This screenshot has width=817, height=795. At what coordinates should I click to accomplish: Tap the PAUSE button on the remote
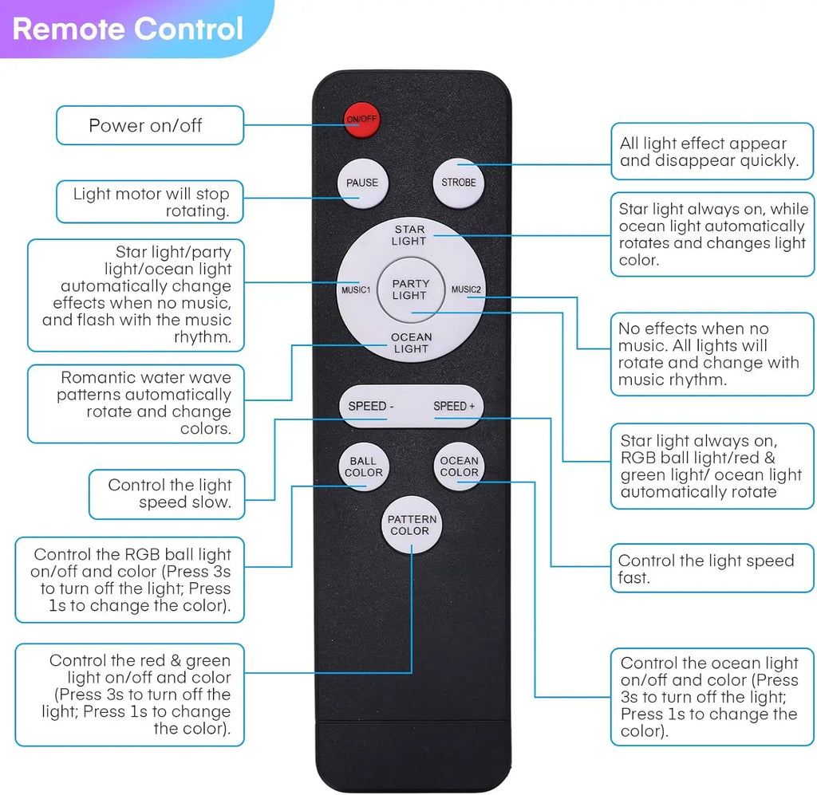pyautogui.click(x=363, y=183)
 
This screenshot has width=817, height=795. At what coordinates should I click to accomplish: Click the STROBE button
pyautogui.click(x=459, y=183)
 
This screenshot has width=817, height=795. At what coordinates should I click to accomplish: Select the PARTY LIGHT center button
pyautogui.click(x=411, y=289)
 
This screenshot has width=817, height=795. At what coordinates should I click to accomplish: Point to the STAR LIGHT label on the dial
pyautogui.click(x=409, y=235)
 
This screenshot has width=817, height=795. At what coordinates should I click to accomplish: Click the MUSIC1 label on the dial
pyautogui.click(x=356, y=290)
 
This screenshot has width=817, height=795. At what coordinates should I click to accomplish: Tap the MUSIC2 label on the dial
pyautogui.click(x=466, y=289)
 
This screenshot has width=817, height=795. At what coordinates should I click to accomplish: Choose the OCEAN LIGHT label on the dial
pyautogui.click(x=411, y=343)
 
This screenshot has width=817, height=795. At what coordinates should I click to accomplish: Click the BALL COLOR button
pyautogui.click(x=363, y=467)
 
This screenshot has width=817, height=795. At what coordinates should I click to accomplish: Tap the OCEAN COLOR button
pyautogui.click(x=459, y=466)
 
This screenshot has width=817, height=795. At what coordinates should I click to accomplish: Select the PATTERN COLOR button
pyautogui.click(x=412, y=525)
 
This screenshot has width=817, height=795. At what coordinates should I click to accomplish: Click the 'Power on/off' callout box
pyautogui.click(x=150, y=125)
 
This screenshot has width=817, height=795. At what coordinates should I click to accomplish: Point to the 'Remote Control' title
pyautogui.click(x=128, y=29)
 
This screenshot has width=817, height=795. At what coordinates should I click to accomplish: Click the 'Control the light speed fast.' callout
pyautogui.click(x=712, y=569)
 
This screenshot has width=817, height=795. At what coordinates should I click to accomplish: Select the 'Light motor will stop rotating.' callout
pyautogui.click(x=150, y=202)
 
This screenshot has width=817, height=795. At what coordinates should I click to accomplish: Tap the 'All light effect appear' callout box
pyautogui.click(x=712, y=152)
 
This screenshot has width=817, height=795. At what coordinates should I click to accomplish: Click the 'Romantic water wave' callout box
pyautogui.click(x=136, y=403)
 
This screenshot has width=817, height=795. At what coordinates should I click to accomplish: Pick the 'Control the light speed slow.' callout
pyautogui.click(x=167, y=494)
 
